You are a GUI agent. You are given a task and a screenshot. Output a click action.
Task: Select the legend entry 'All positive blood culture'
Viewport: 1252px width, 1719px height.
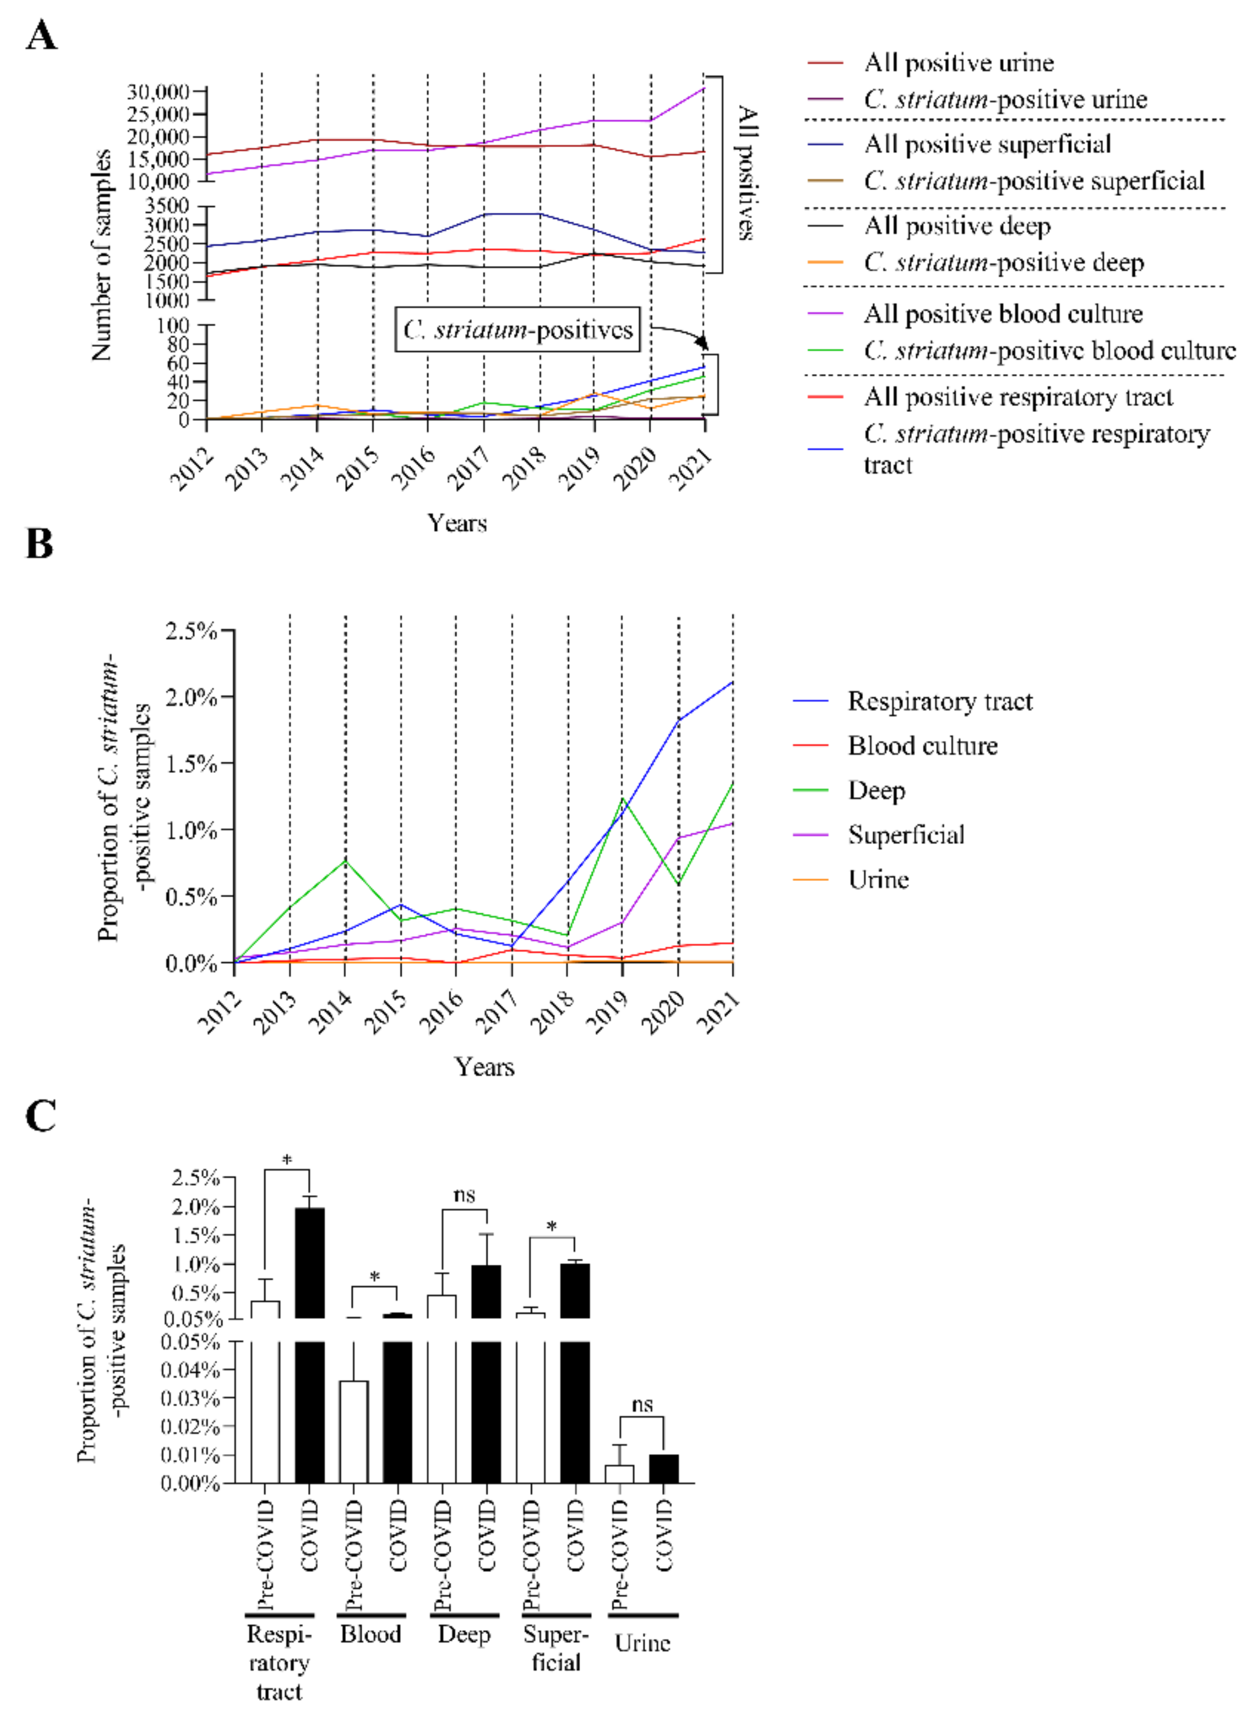coord(1003,314)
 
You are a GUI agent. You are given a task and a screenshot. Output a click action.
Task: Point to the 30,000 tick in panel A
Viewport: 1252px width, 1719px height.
coord(157,92)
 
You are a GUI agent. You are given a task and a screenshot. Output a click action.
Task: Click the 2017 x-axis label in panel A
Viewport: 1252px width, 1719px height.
coord(468,468)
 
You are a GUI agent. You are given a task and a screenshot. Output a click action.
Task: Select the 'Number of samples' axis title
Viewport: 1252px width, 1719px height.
coord(101,256)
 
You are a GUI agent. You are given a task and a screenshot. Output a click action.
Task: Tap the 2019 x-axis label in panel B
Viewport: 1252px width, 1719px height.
coord(609,1013)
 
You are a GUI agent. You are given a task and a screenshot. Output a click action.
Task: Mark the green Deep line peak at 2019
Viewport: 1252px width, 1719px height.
coord(622,798)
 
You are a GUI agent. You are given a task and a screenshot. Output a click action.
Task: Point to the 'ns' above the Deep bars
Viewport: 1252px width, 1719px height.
coord(464,1195)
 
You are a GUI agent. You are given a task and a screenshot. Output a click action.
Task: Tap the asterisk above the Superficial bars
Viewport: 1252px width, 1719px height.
coord(551,1226)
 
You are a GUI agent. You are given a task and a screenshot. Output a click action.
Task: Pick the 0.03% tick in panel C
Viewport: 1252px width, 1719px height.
coord(190,1398)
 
